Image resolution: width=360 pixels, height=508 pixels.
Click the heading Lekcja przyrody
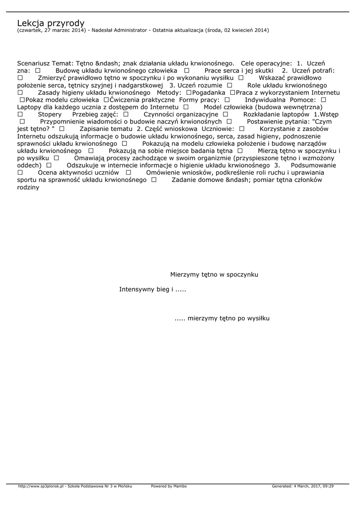[51, 23]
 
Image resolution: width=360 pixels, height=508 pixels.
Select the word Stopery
[50, 114]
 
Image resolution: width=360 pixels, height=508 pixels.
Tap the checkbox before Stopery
[20, 114]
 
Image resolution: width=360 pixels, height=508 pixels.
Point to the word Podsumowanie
[313, 165]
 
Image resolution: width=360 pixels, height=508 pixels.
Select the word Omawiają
[90, 158]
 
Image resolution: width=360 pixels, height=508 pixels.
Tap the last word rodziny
[28, 187]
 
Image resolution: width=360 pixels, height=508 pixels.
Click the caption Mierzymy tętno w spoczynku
[214, 274]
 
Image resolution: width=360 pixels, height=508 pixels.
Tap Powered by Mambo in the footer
[169, 486]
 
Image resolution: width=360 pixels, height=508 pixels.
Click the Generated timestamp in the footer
[303, 486]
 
